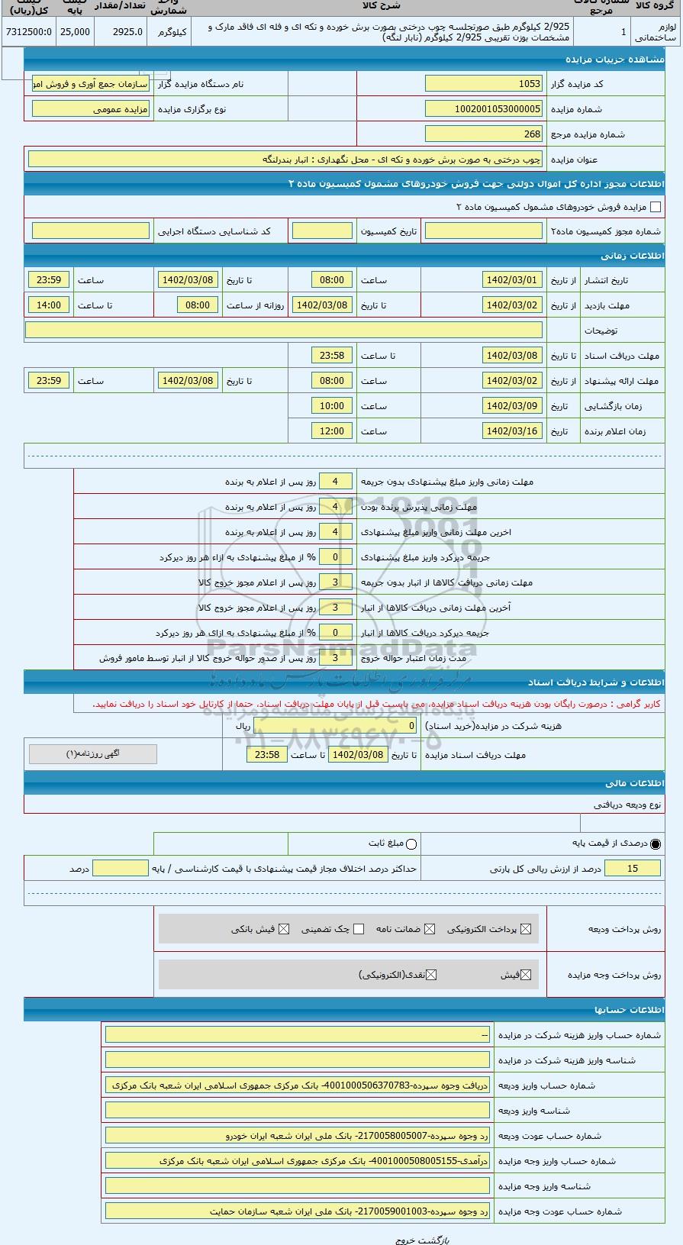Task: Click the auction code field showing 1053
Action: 484,84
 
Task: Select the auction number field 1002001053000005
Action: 484,109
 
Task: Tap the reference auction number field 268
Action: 484,134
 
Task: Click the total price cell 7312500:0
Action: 28,31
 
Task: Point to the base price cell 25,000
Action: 75,31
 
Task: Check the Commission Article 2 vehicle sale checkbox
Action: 655,207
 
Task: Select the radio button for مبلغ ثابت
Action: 411,843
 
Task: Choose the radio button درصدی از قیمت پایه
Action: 656,843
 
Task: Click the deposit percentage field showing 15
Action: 632,869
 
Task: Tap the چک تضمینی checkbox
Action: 359,929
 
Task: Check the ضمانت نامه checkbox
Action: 430,929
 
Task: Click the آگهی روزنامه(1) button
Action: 93,754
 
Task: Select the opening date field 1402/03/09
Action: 512,406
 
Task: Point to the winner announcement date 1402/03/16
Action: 512,431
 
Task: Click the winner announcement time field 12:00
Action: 331,431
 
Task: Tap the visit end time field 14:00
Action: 48,305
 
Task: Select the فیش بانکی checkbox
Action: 284,929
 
